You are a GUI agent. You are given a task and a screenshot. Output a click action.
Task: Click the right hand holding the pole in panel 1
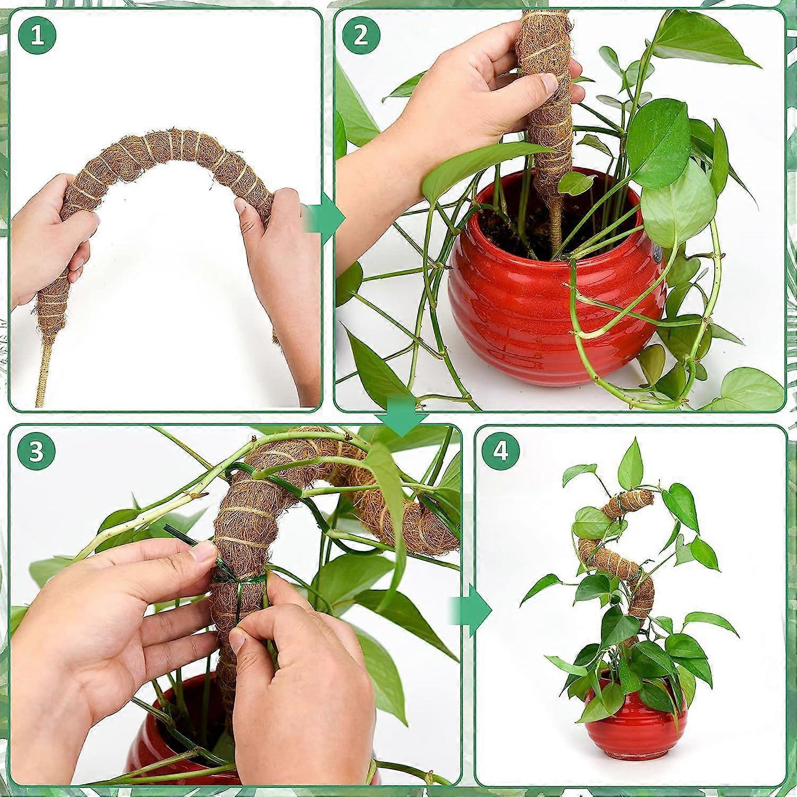click(276, 276)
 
